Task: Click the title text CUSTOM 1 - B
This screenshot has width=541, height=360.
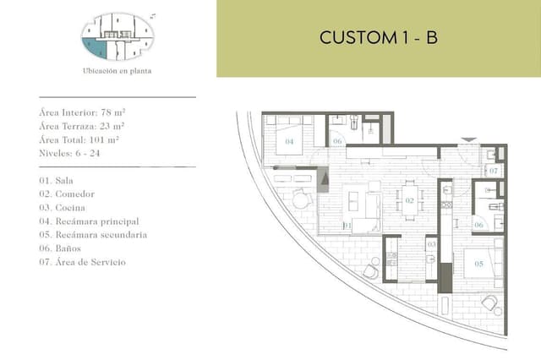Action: (x=378, y=38)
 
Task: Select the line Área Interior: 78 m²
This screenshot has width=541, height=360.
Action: (x=82, y=112)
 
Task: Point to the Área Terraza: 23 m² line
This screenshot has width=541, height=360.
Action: (x=82, y=126)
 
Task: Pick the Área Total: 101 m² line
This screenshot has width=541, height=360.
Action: (x=79, y=139)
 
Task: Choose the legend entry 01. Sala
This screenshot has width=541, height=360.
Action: (x=57, y=180)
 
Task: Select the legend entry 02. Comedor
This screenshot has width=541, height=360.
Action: (x=66, y=194)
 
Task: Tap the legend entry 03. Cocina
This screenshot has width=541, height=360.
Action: (x=62, y=207)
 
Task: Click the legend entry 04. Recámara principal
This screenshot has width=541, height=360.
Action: (x=87, y=221)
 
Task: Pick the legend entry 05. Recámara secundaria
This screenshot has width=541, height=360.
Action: (x=93, y=234)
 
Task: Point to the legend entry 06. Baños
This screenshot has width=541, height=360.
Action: (x=60, y=248)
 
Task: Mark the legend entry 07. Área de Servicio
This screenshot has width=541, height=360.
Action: (x=82, y=262)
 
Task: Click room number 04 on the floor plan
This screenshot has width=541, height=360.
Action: (x=289, y=142)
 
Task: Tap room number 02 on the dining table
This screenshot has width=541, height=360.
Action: (x=409, y=201)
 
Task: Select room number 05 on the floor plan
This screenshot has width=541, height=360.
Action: (x=478, y=264)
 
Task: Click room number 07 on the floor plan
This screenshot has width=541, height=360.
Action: (x=494, y=171)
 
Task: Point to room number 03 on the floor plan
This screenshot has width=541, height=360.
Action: (x=431, y=244)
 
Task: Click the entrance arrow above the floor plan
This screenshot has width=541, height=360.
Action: (x=470, y=139)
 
